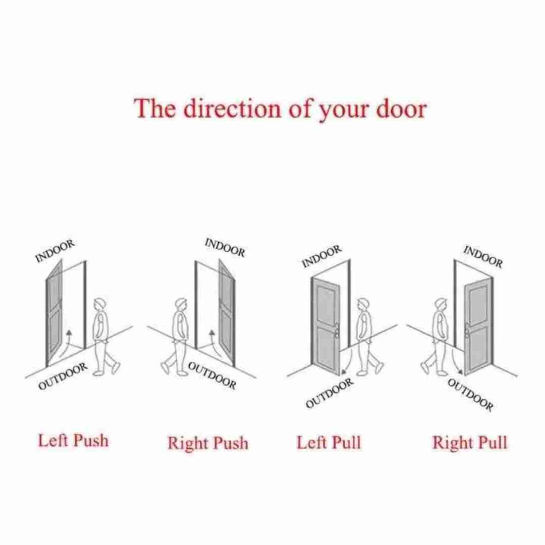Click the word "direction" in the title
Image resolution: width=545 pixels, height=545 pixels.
(x=232, y=108)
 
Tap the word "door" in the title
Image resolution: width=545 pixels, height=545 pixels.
(x=402, y=108)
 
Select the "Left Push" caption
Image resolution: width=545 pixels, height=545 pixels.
(x=73, y=441)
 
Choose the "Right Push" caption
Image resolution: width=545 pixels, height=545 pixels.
(x=208, y=443)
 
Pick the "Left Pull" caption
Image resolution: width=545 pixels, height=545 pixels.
(x=329, y=443)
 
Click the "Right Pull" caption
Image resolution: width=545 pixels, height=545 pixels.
(x=470, y=443)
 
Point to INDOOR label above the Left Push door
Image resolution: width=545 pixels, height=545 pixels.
(x=55, y=251)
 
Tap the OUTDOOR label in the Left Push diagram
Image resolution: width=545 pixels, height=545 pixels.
(x=63, y=376)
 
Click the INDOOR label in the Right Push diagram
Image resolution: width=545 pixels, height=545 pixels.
(x=225, y=247)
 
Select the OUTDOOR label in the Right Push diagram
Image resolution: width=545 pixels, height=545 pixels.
(x=212, y=375)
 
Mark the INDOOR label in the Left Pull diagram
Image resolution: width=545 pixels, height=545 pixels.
(x=322, y=256)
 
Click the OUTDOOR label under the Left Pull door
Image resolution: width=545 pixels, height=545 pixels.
(x=330, y=393)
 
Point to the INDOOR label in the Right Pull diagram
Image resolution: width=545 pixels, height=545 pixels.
(x=483, y=257)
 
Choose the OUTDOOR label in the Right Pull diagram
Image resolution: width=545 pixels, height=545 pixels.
(x=470, y=395)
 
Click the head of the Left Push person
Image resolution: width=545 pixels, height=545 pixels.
(x=100, y=304)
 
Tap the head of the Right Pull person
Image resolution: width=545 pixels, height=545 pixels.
(x=441, y=304)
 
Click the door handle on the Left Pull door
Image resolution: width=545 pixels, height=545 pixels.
(x=337, y=331)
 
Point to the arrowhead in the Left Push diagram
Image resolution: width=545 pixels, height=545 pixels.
(x=69, y=332)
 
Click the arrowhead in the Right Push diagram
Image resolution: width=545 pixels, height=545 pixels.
(x=211, y=333)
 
